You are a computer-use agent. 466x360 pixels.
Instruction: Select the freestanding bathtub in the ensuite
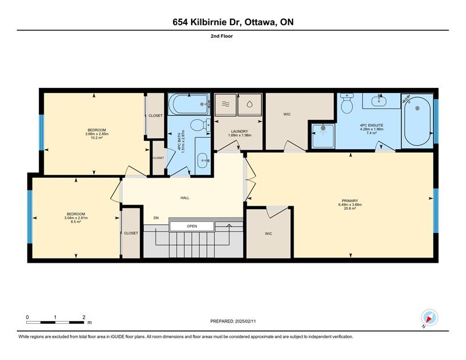[417, 121]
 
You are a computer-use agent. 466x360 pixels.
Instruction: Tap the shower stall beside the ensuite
[323, 136]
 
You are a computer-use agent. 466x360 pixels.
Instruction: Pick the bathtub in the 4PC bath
[189, 104]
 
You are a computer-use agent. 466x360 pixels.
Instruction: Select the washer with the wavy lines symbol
[225, 105]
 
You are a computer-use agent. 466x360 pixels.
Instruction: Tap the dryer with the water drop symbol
[250, 105]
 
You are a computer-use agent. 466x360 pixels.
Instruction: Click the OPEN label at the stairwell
[192, 226]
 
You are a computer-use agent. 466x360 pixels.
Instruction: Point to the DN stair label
[156, 218]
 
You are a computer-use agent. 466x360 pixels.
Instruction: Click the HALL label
[185, 197]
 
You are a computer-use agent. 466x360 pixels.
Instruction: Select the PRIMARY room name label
[350, 200]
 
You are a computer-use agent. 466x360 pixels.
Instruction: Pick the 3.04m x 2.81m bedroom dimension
[76, 218]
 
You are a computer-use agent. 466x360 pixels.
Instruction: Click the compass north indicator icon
[429, 318]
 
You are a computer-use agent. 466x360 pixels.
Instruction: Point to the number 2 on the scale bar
[84, 317]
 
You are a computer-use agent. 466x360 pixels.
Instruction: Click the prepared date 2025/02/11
[245, 322]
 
